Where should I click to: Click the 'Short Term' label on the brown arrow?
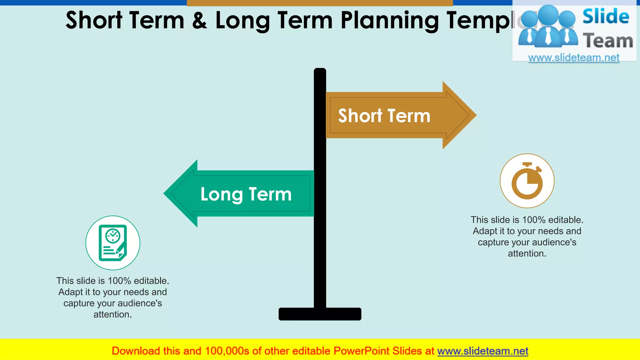(384, 116)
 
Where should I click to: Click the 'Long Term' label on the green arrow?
(246, 194)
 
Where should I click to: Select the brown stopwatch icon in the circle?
(527, 181)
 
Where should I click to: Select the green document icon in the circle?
(113, 243)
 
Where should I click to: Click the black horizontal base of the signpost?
(320, 314)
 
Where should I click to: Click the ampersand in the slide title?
(200, 20)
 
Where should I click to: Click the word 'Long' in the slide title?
(242, 20)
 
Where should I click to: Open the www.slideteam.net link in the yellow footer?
(482, 351)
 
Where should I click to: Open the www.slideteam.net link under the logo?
(574, 57)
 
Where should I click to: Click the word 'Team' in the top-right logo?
(608, 41)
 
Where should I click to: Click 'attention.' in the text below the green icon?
(112, 314)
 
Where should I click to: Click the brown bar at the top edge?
(320, 3)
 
